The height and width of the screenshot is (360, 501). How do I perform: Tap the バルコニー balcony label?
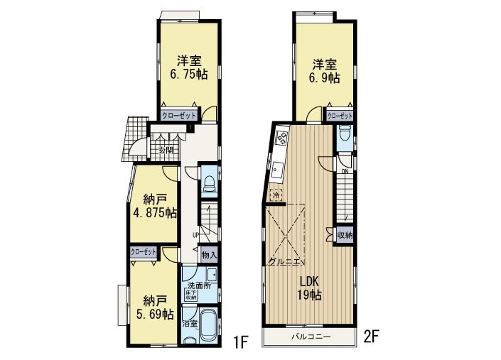tap(308, 335)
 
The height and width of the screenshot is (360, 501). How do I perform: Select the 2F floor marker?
tap(375, 335)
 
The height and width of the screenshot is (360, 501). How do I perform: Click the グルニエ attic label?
tap(284, 261)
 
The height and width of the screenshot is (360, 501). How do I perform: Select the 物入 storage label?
tap(209, 254)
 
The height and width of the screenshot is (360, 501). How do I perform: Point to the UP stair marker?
tap(195, 235)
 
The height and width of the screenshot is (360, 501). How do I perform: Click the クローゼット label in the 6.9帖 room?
tap(340, 115)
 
